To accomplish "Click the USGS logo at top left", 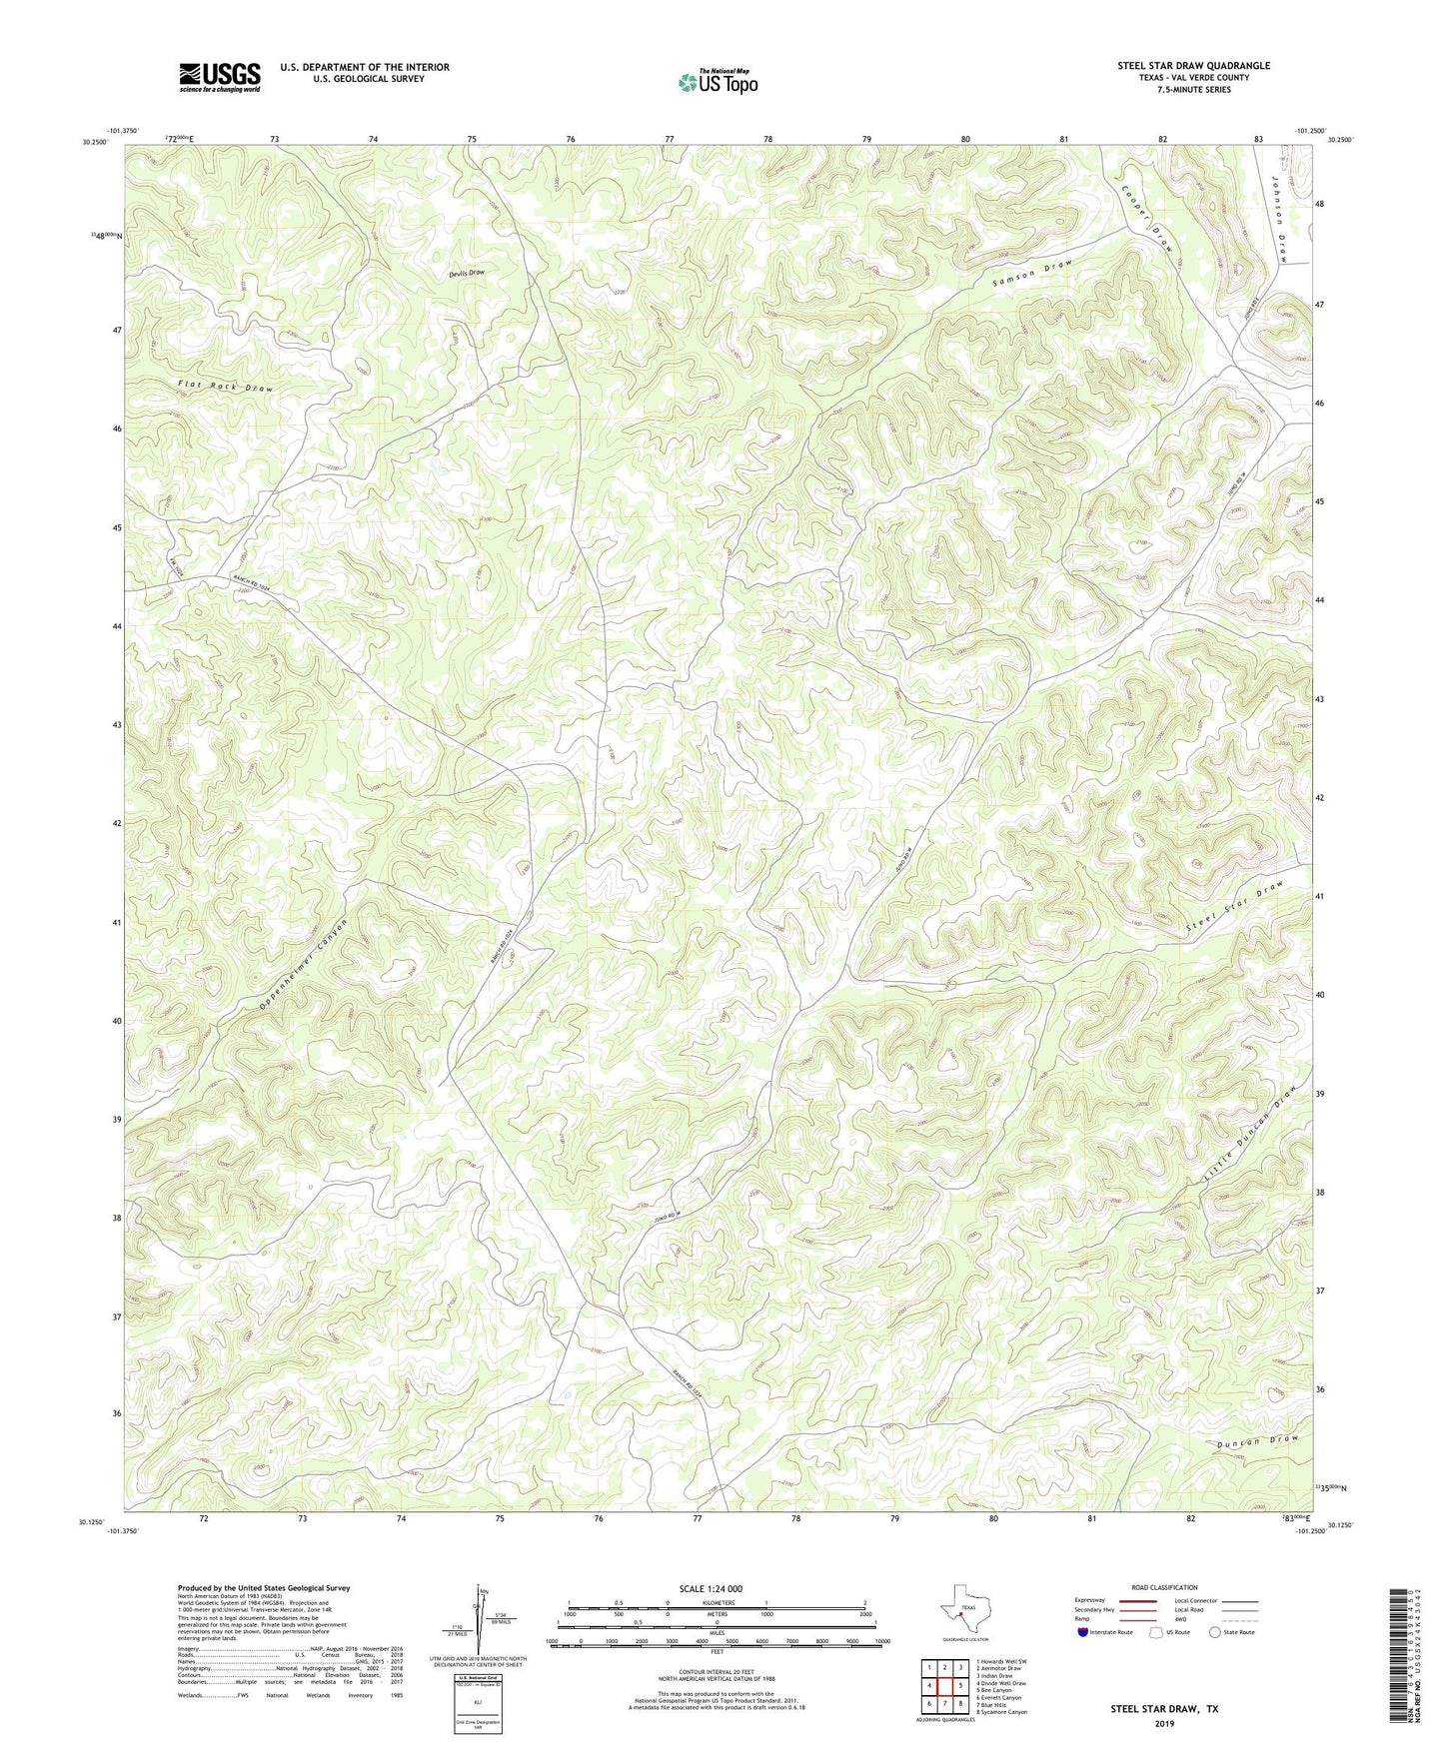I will click(220, 77).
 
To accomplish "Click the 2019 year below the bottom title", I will click(1164, 1723).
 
